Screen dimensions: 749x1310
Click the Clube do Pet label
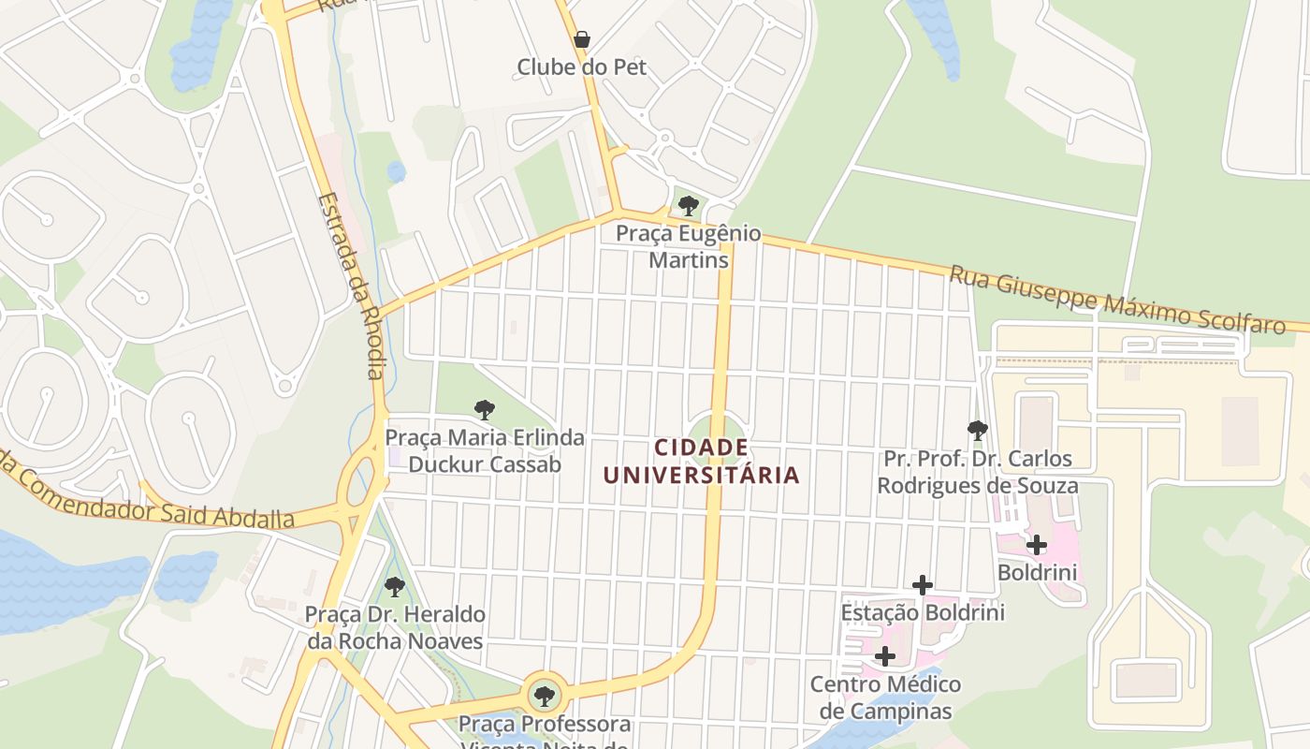581,67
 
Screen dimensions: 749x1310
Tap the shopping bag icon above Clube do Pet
582,39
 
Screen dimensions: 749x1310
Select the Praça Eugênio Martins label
689,246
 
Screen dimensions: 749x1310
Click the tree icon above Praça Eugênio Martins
689,206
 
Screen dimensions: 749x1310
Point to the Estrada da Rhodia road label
350,286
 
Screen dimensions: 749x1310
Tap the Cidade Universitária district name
702,462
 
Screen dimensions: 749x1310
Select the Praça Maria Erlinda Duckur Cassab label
485,451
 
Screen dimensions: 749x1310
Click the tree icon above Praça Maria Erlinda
484,410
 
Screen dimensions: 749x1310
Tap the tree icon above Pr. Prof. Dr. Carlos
978,431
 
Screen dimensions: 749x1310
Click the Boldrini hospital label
1037,572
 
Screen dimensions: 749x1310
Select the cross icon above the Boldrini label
1037,545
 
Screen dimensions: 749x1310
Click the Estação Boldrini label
923,612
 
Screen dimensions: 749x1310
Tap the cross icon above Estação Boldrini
923,585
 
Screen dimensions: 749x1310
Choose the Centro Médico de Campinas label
885,698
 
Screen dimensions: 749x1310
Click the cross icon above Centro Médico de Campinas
885,656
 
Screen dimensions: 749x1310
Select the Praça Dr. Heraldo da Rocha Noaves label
395,627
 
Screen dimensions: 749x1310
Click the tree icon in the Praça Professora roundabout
544,697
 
